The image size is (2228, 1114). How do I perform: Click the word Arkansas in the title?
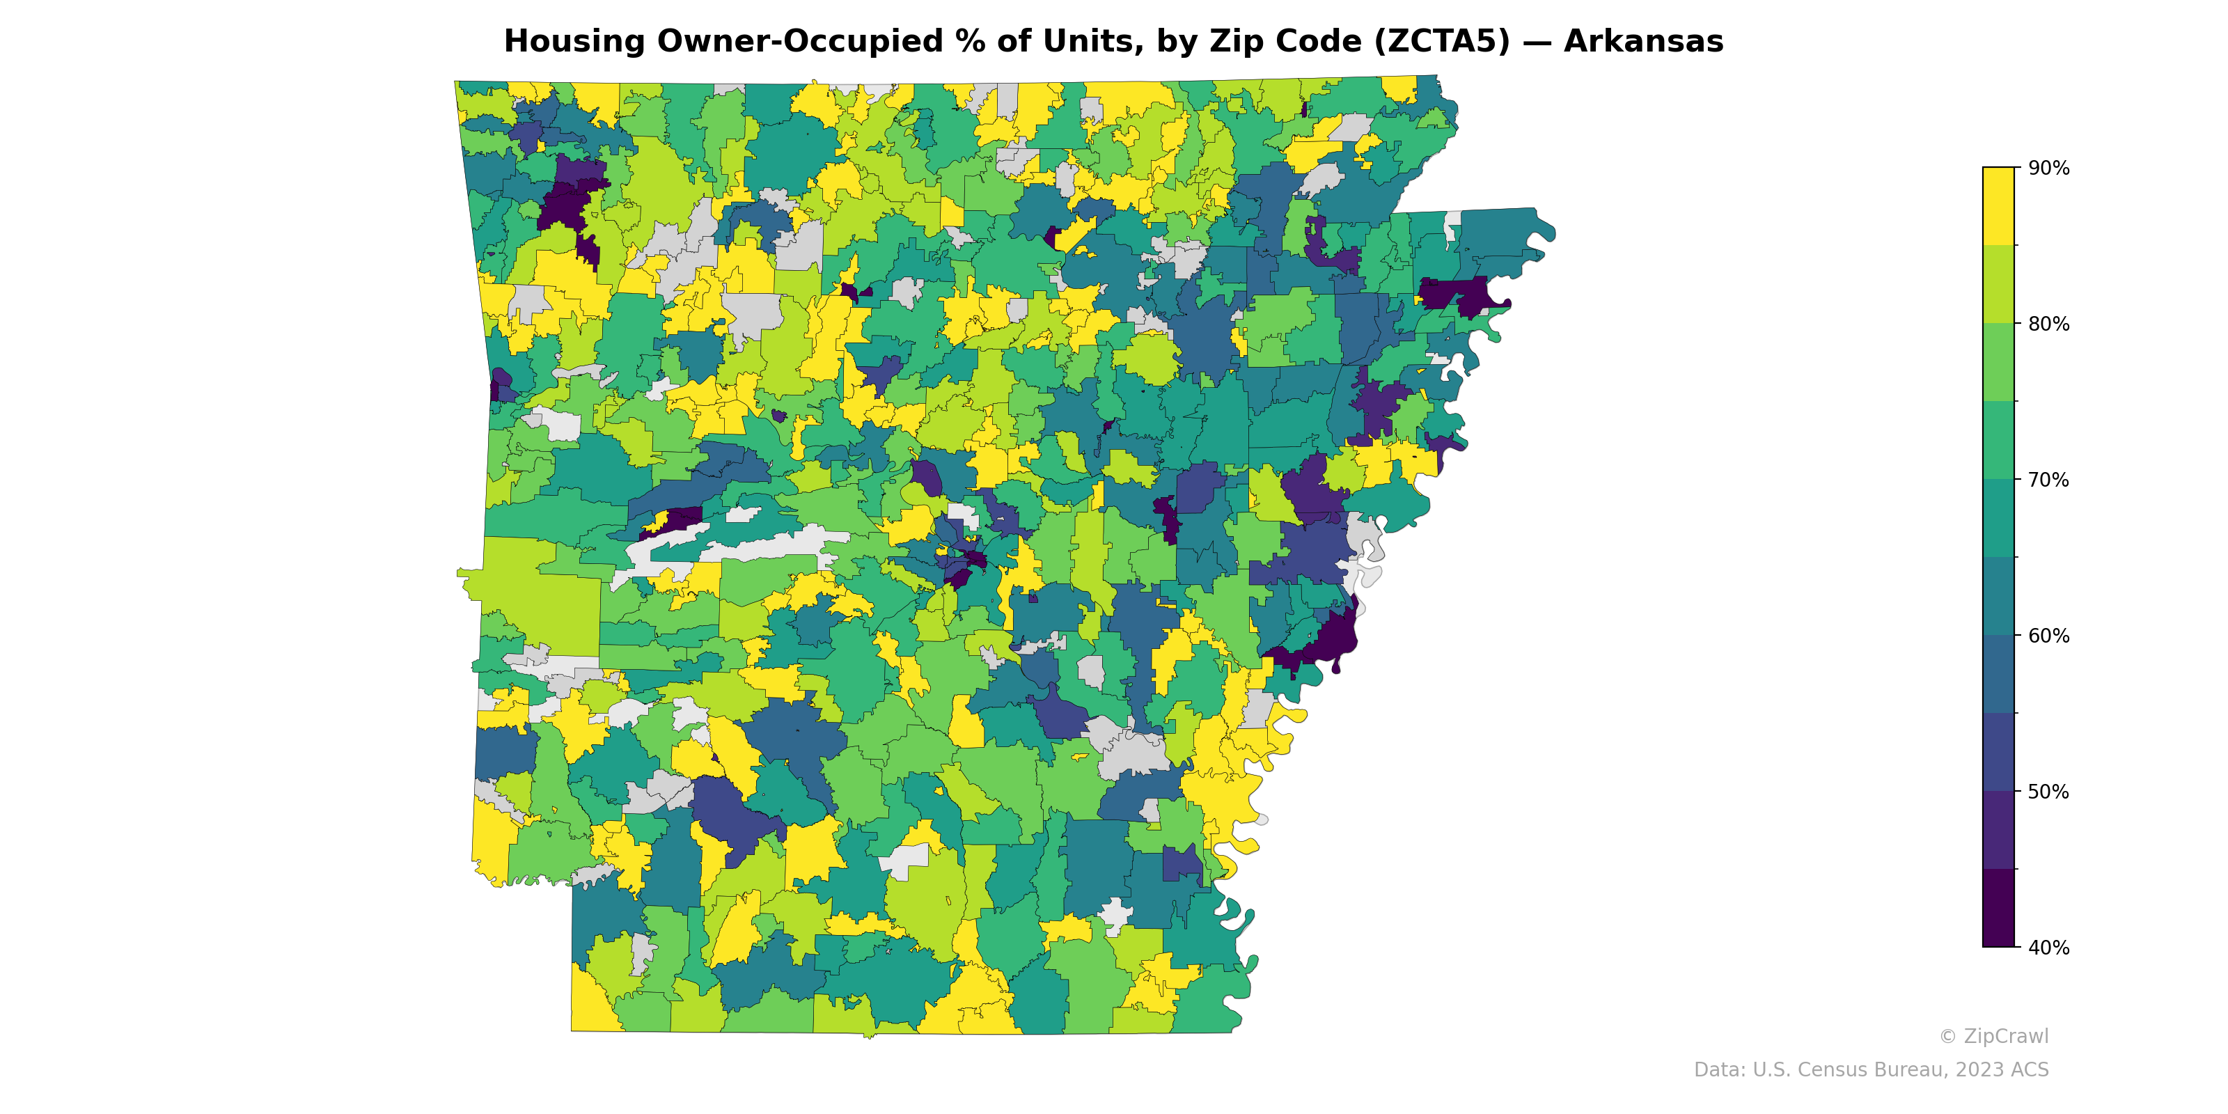[x=1643, y=42]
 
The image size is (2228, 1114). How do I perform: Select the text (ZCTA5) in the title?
[x=1442, y=42]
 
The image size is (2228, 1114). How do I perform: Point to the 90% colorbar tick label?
[x=2048, y=168]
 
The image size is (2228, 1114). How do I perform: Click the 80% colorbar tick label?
[x=2048, y=324]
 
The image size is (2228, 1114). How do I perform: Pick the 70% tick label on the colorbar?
[x=2048, y=480]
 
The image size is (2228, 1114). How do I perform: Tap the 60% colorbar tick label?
[x=2048, y=636]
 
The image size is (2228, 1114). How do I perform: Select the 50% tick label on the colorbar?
[x=2048, y=792]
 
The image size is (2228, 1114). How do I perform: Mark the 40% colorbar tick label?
[x=2048, y=947]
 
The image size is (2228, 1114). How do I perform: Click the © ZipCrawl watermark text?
[x=1993, y=1036]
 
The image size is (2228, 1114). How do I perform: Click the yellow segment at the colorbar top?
[x=1998, y=206]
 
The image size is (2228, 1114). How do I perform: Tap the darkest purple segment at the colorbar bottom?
[x=1998, y=908]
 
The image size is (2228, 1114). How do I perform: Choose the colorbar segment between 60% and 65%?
[x=1998, y=596]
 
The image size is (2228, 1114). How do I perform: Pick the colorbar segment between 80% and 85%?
[x=1998, y=285]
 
